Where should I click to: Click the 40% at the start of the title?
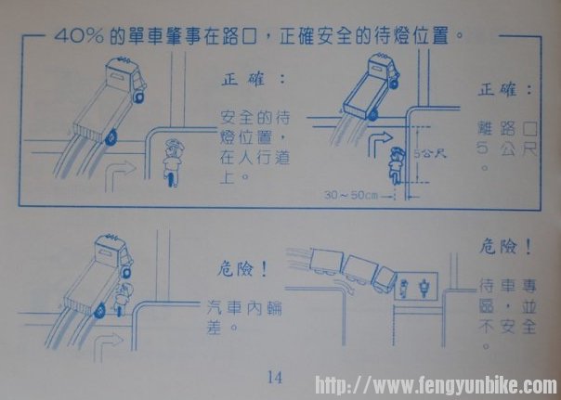[79, 36]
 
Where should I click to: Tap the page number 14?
[274, 377]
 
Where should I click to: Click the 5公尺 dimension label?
[430, 154]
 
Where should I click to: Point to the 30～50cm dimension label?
[351, 195]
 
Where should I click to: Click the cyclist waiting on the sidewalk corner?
[173, 162]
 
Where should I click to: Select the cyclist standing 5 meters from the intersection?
[397, 164]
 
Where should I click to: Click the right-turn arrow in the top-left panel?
[120, 176]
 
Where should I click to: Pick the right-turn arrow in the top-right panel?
[380, 144]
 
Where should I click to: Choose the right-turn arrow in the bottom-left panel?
[108, 345]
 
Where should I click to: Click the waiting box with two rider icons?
[415, 287]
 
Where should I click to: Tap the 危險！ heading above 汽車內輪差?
[242, 269]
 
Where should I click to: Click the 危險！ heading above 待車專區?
[505, 247]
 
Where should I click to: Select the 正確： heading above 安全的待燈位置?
[254, 79]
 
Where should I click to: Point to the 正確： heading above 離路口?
[504, 89]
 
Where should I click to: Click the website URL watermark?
[436, 385]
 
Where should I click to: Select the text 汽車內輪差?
[244, 317]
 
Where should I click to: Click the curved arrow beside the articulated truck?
[345, 286]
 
